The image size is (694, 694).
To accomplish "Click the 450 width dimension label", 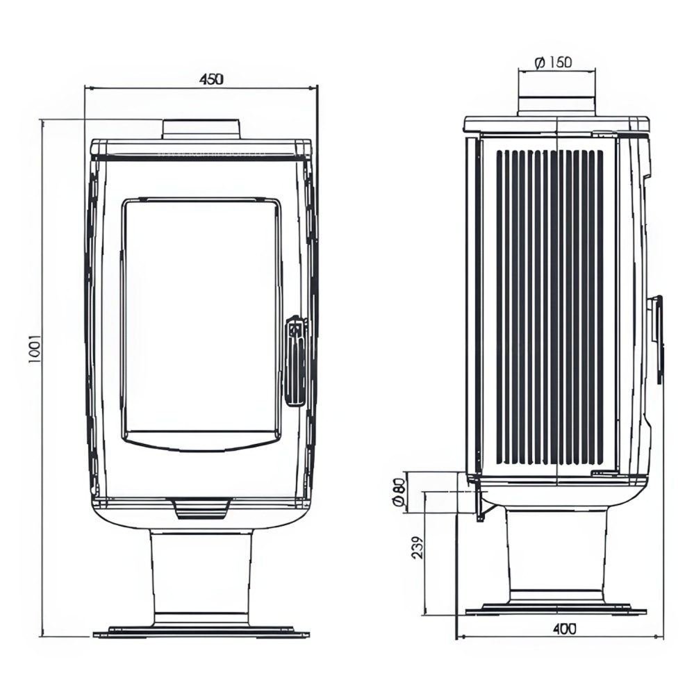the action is (212, 79).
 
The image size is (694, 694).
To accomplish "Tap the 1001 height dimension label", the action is (35, 349).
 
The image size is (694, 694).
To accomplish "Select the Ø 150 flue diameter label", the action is (553, 63).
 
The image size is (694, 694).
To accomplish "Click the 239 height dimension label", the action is (418, 547).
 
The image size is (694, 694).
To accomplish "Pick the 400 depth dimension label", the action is (565, 629).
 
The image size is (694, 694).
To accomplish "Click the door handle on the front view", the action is (295, 361).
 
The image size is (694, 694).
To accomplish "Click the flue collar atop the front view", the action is (201, 129).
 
